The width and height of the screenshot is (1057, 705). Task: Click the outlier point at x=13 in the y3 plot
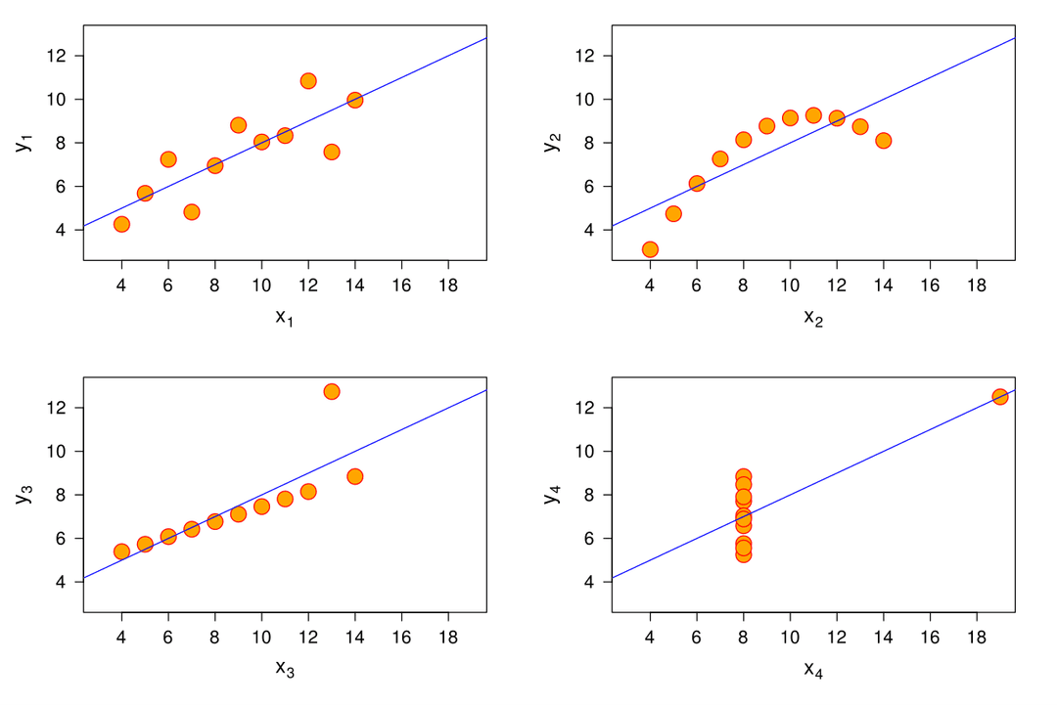click(x=332, y=391)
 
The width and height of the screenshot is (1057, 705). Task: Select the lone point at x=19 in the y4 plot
click(x=1000, y=396)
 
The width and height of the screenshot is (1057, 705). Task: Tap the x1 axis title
click(x=285, y=318)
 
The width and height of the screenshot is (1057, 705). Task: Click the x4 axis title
click(x=813, y=670)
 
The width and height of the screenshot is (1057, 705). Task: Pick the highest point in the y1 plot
click(x=308, y=81)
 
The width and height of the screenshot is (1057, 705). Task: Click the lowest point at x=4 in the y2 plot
click(x=650, y=249)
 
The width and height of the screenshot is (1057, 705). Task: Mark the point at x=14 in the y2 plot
click(x=884, y=141)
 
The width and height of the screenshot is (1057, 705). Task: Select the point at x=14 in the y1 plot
click(x=355, y=100)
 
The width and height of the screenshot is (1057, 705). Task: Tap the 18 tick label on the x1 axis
click(x=448, y=285)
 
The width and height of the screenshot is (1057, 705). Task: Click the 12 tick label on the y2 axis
click(x=586, y=56)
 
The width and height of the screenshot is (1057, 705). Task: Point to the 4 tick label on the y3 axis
click(x=63, y=582)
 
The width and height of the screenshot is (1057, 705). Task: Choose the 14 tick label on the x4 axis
click(x=884, y=637)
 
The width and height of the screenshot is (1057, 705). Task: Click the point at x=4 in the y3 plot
click(x=121, y=551)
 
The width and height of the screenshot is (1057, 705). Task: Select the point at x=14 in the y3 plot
click(x=355, y=476)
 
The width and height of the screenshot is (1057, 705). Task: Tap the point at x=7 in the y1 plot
click(x=192, y=212)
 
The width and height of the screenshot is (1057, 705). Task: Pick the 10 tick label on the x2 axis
click(x=790, y=285)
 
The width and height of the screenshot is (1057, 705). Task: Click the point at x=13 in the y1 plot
click(x=332, y=152)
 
